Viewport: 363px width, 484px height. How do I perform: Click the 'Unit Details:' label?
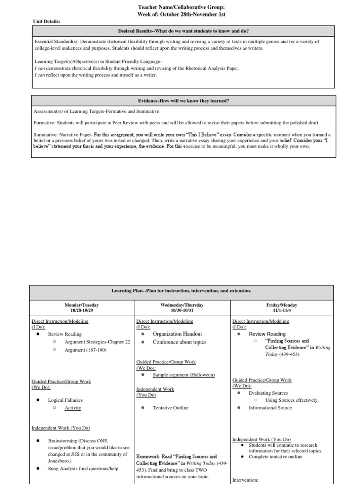(46, 21)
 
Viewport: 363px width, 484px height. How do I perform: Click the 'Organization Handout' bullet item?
(177, 334)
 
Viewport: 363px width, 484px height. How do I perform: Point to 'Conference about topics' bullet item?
(180, 342)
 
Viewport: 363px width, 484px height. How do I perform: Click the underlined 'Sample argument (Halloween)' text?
(183, 375)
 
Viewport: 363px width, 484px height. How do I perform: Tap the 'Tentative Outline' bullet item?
(170, 407)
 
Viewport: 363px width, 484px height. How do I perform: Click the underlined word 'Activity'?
(73, 408)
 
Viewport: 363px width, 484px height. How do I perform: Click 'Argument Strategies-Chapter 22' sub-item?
(97, 342)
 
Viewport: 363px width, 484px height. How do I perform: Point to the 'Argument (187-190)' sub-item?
(86, 350)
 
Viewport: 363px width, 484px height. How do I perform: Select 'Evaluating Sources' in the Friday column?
(268, 393)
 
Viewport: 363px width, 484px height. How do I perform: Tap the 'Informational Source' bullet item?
(270, 407)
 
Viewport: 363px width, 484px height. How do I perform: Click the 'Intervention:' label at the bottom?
(245, 480)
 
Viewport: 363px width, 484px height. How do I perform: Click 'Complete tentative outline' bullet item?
(278, 457)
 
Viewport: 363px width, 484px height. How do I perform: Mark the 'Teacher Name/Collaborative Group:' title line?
(181, 7)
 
